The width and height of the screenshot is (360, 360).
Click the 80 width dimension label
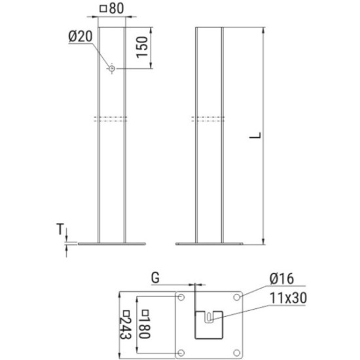[x=117, y=9]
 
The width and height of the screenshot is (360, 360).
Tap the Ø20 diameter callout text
[x=81, y=36]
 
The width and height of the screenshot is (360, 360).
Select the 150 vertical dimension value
[x=141, y=47]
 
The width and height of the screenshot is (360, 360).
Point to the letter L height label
[x=255, y=135]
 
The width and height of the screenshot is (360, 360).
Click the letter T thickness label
[x=60, y=229]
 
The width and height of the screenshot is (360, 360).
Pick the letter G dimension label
[x=155, y=278]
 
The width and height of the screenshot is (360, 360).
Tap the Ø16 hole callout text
[x=281, y=279]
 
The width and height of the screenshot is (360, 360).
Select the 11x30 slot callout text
[x=288, y=298]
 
